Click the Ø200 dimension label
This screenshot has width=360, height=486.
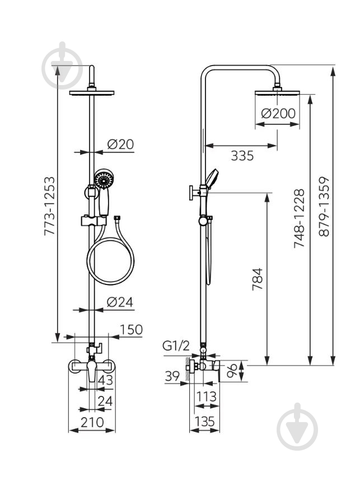(278, 114)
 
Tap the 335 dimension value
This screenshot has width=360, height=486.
(242, 156)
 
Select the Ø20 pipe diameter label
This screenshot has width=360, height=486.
(120, 144)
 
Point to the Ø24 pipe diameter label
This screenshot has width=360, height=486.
(120, 302)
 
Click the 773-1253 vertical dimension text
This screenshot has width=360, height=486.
(50, 206)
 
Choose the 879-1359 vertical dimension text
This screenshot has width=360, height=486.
(324, 207)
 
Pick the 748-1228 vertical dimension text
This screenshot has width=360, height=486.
(300, 218)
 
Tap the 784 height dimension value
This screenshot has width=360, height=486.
(258, 279)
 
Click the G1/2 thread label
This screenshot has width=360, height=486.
(176, 346)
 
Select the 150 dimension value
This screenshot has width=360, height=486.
(131, 329)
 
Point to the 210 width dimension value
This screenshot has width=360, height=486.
(92, 422)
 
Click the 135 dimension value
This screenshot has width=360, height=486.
(204, 422)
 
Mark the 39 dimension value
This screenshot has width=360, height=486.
(172, 376)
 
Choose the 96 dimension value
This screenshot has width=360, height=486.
(232, 371)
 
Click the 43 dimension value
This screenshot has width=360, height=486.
(105, 380)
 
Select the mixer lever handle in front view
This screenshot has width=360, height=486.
(92, 371)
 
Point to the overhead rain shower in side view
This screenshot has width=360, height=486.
(277, 92)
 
